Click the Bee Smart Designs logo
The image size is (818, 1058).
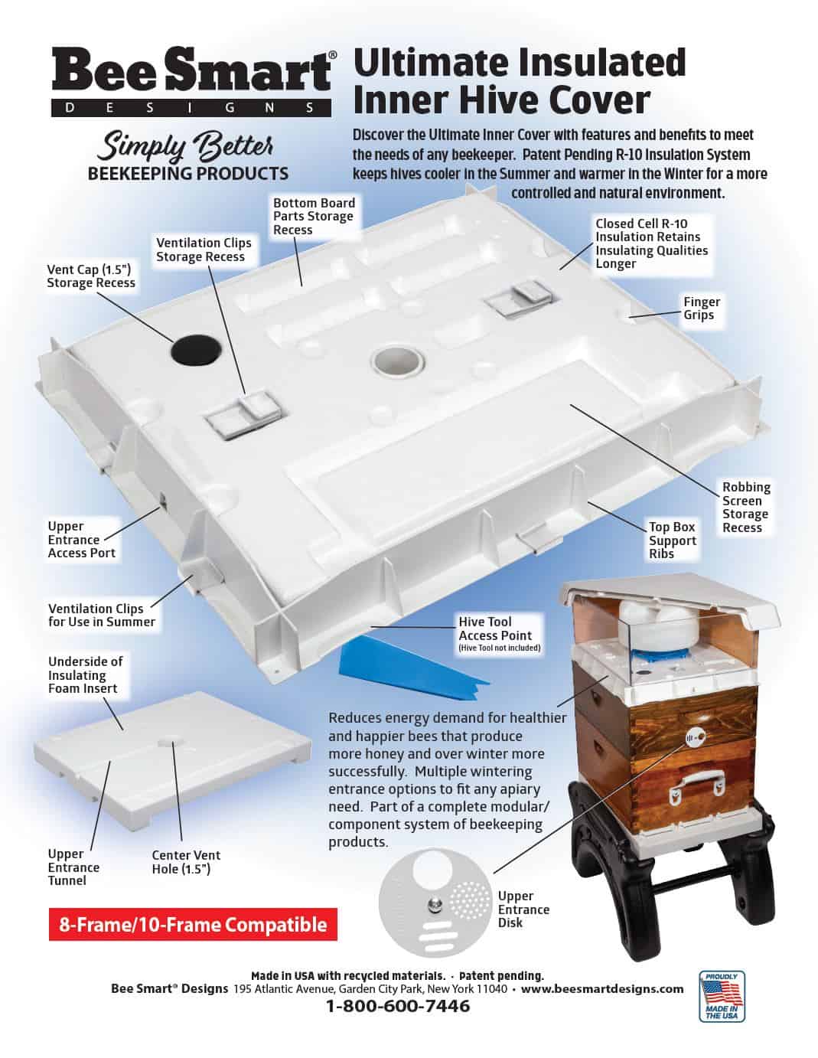pos(191,80)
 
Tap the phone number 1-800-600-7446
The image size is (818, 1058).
pos(398,1006)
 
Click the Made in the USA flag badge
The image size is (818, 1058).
pos(721,996)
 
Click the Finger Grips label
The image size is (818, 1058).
pos(701,309)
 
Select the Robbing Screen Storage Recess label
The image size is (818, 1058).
pos(745,507)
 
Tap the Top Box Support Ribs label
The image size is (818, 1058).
pos(672,540)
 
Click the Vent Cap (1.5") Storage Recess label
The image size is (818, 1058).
pos(91,276)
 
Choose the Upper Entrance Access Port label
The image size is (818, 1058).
pos(81,540)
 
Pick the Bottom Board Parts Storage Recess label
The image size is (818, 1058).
pos(314,216)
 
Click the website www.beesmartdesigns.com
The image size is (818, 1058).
pos(602,988)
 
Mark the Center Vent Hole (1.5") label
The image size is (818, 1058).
pos(186,862)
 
